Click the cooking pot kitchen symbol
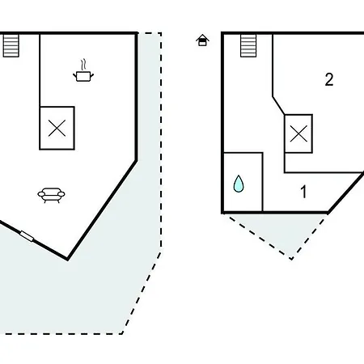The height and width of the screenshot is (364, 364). (x=83, y=76)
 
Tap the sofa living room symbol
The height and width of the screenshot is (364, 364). (x=51, y=195)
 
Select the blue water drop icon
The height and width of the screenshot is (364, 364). (x=239, y=184)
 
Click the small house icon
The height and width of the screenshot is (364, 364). (x=202, y=40)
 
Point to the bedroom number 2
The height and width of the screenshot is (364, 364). (x=329, y=79)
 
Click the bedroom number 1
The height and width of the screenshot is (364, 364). (x=303, y=192)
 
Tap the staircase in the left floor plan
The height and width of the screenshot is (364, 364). (x=11, y=45)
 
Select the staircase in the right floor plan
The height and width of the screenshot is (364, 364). (x=248, y=45)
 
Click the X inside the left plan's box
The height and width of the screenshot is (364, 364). (x=57, y=128)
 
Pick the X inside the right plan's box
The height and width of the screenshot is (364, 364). (x=298, y=133)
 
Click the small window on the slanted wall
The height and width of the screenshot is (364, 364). (x=27, y=236)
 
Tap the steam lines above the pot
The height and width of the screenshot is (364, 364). (x=84, y=65)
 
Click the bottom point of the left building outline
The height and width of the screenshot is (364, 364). (x=67, y=260)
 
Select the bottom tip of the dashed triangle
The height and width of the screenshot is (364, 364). (x=291, y=259)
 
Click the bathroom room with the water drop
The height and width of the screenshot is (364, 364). (x=243, y=182)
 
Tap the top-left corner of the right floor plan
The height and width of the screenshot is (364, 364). (x=222, y=33)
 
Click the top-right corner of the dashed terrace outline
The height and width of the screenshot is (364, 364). (x=161, y=33)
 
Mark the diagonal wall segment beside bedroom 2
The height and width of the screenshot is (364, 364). (x=278, y=105)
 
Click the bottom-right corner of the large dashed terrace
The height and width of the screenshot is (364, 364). (x=122, y=334)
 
